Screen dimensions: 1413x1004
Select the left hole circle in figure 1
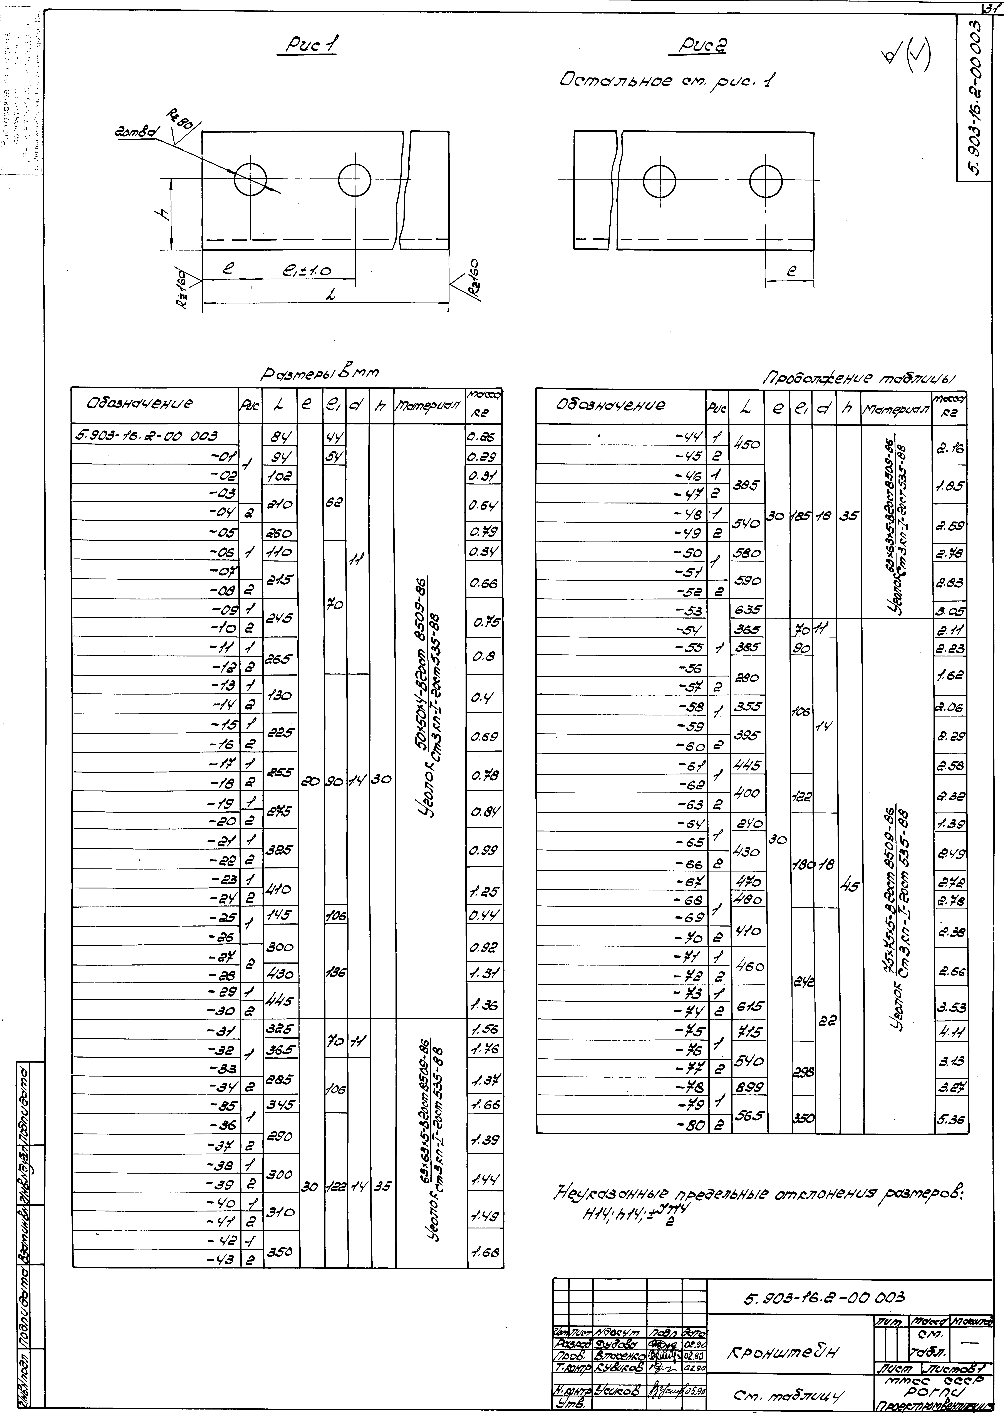click(250, 179)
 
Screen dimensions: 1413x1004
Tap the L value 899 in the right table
click(748, 1087)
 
